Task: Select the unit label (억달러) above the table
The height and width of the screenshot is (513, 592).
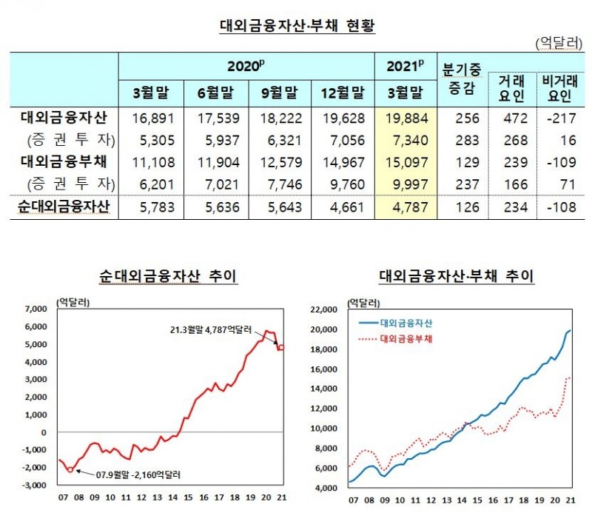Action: click(557, 44)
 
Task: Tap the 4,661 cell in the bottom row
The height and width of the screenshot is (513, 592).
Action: click(343, 208)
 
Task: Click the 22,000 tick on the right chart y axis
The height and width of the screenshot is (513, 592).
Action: click(326, 309)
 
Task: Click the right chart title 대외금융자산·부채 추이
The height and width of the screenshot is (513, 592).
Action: click(457, 277)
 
